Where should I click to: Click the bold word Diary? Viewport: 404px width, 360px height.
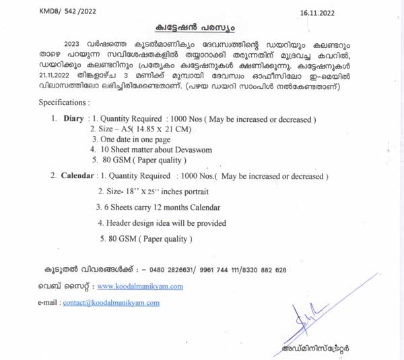73,119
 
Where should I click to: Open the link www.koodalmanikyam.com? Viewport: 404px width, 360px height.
140,287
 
